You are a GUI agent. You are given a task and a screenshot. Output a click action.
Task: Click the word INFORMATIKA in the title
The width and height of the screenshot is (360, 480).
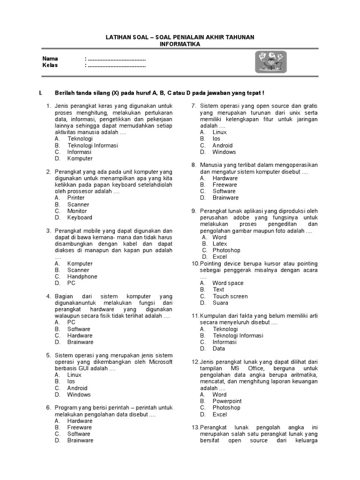180,44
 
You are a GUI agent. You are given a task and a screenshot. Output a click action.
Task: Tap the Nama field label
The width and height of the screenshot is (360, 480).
50,59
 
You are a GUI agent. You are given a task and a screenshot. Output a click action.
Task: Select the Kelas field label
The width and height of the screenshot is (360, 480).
50,65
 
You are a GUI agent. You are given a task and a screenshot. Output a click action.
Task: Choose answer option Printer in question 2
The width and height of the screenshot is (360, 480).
76,198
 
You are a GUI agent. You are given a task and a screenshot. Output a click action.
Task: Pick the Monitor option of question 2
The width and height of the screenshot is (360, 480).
77,211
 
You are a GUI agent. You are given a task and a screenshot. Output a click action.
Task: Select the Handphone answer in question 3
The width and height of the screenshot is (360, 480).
82,277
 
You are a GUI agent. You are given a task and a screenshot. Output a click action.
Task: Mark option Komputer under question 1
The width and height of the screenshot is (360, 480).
80,158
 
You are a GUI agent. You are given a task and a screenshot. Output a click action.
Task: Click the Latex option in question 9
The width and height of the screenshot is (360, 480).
220,244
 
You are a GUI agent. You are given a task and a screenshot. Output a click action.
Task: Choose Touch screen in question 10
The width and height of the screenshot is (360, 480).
230,296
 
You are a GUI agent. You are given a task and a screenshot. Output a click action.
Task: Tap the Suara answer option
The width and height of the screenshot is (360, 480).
220,303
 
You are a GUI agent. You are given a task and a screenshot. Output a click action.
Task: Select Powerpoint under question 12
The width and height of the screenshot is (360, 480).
227,401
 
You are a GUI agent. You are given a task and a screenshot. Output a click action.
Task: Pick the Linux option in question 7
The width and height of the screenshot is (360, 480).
219,132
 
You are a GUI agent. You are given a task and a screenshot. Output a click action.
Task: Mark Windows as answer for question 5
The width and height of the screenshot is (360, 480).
79,395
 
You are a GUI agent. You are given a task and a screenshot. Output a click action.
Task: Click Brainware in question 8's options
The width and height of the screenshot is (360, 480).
225,198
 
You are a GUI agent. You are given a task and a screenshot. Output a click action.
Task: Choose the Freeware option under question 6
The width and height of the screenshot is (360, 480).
80,427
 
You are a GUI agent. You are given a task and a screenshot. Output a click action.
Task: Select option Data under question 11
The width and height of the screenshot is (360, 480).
218,349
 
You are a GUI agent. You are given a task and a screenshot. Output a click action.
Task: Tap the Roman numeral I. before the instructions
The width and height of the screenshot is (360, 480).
41,93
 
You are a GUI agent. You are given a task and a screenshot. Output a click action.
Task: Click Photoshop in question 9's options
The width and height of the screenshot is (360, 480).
226,250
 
